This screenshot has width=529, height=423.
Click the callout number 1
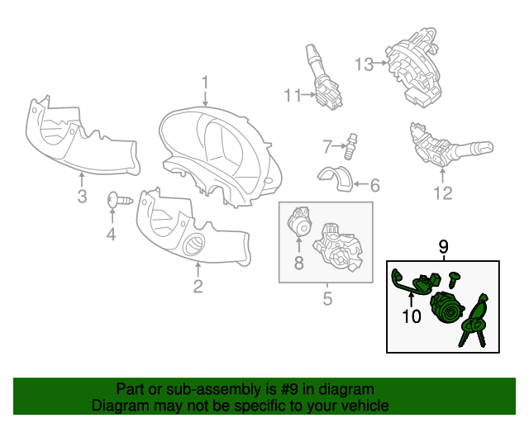[x=205, y=83]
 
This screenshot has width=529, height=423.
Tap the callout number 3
[x=82, y=196]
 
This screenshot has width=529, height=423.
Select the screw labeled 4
[x=120, y=200]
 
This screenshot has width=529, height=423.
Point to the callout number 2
[x=198, y=287]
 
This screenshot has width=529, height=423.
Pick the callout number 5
[x=327, y=298]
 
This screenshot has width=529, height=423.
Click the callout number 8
[x=299, y=263]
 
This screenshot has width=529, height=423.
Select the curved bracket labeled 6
[x=336, y=178]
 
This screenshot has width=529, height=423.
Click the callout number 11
[x=293, y=96]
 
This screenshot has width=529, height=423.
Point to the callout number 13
[x=365, y=64]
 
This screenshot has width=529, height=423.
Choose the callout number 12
[x=443, y=193]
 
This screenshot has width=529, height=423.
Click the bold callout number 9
[x=444, y=247]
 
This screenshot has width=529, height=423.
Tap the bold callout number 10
[x=412, y=316]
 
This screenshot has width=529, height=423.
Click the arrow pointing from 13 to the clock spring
[x=381, y=63]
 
